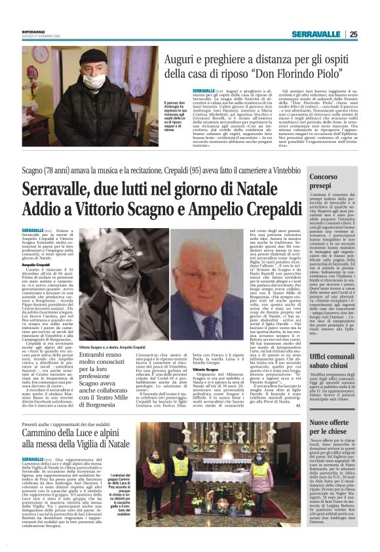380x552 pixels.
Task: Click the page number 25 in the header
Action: click(x=353, y=34)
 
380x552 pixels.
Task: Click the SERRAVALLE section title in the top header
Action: click(x=314, y=34)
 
